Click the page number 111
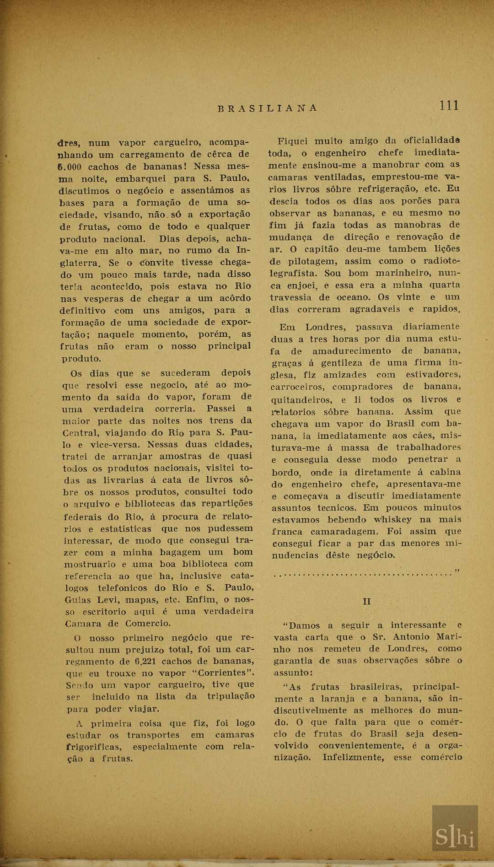(x=449, y=106)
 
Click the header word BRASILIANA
(x=268, y=108)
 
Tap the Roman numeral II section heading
(x=367, y=601)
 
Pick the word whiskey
(x=393, y=520)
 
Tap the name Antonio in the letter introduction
(x=411, y=637)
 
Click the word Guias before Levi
(x=78, y=600)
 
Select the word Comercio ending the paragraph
(x=148, y=623)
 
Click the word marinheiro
(x=403, y=273)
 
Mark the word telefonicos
(x=122, y=588)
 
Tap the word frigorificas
(x=93, y=747)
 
